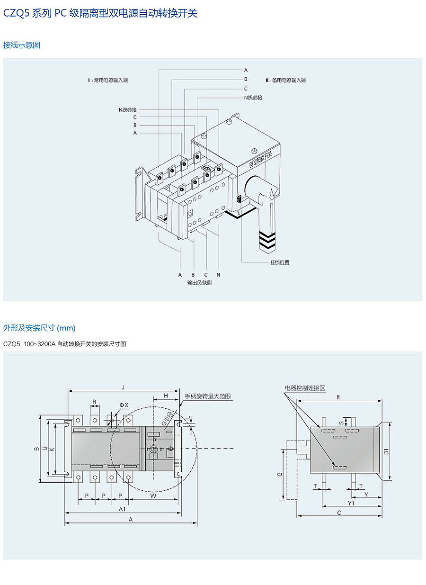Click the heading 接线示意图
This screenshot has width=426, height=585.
tap(22, 45)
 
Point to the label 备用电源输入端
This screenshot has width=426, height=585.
tap(286, 80)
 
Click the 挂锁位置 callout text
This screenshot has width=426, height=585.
tap(280, 262)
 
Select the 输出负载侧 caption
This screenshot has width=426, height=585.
tap(199, 283)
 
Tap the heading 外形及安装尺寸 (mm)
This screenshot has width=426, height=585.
tap(39, 328)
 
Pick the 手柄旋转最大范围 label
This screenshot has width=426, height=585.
tap(207, 396)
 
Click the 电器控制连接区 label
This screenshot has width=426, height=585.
tap(305, 388)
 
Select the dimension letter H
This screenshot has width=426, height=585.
tap(166, 395)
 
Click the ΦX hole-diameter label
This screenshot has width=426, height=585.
tap(124, 405)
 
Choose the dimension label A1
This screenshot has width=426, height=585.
tap(122, 509)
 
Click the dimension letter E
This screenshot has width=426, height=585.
tap(338, 397)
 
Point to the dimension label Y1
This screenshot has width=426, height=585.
tap(351, 503)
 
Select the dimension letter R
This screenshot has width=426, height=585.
tap(94, 402)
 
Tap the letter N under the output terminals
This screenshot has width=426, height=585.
tap(218, 275)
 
